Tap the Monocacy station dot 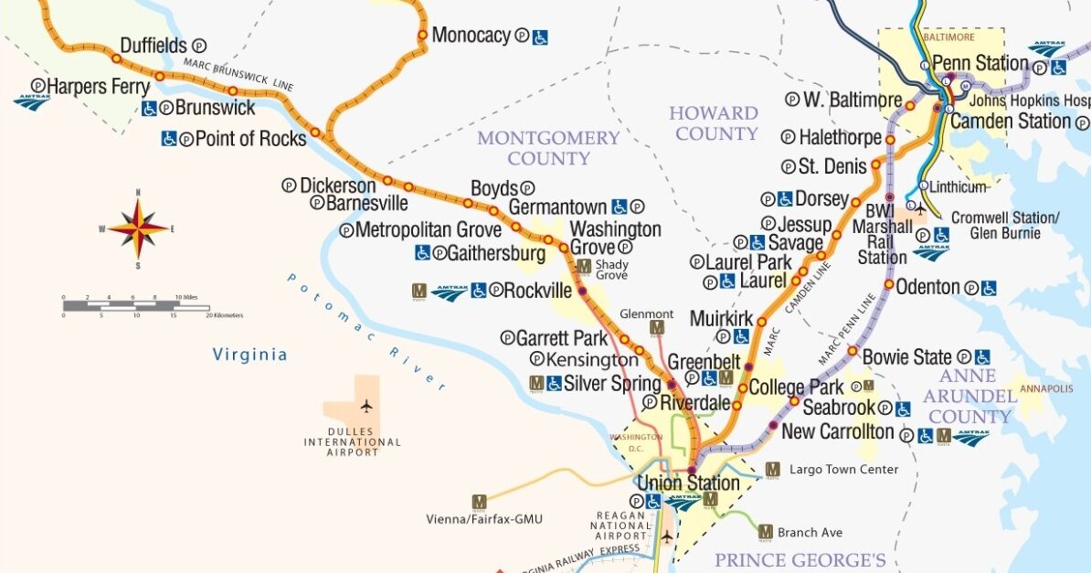422,36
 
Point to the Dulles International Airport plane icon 366,406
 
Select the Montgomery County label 548,148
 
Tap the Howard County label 714,123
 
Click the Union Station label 688,483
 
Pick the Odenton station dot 888,284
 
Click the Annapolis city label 1046,389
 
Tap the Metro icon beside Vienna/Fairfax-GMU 479,502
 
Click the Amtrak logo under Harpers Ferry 31,102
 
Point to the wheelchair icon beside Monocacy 541,37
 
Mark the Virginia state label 249,355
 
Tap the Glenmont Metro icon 656,327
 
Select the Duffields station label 153,45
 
